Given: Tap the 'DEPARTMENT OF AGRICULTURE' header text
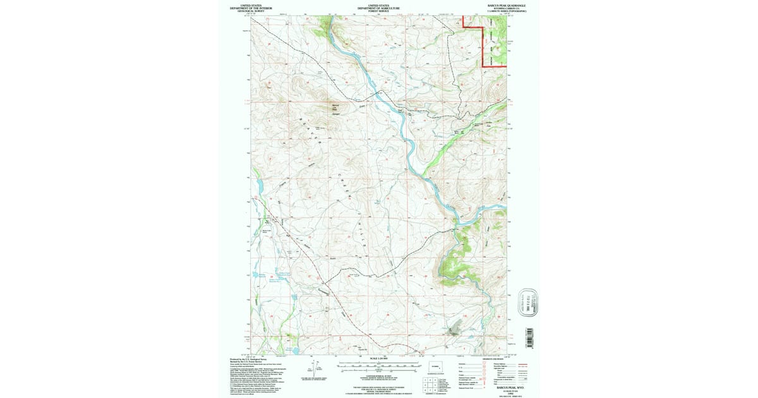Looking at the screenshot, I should coord(378,8).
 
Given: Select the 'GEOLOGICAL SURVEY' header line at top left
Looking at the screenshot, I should coord(251,11).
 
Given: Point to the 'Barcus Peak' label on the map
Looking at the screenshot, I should coord(335,107).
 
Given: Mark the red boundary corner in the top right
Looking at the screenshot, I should coord(484,65).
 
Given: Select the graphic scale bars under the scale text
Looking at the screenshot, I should coord(378,366).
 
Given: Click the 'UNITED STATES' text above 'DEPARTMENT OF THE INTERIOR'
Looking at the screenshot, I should coord(251,4).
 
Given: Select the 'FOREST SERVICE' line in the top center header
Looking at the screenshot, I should coord(378,11).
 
